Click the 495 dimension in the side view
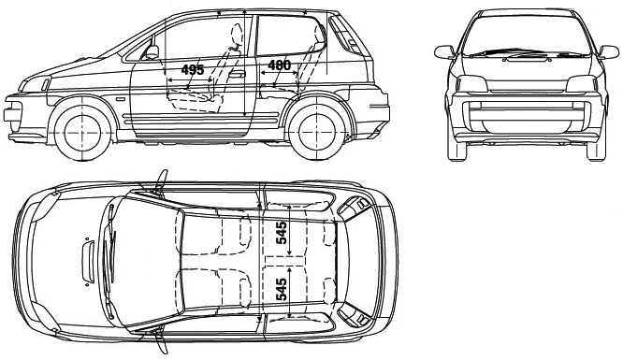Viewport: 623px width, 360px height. [193, 70]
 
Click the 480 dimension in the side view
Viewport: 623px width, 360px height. [280, 65]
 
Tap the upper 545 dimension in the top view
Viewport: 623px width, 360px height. [282, 233]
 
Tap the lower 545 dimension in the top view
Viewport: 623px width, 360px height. [282, 289]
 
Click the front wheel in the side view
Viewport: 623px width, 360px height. [82, 132]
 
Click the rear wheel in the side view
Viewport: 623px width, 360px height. [317, 132]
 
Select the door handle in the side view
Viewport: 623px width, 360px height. [237, 74]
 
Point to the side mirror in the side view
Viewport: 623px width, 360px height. [152, 52]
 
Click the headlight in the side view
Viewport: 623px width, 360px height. [46, 85]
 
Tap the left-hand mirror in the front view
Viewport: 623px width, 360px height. [444, 52]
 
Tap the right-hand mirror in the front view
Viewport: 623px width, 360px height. [609, 52]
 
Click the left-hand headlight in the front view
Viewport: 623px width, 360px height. [471, 83]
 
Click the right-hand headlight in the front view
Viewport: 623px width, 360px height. [581, 83]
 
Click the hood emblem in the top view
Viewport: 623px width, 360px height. [88, 262]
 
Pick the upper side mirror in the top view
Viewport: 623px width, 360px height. [161, 182]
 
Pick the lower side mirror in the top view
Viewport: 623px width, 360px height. [161, 340]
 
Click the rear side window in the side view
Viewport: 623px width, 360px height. [290, 35]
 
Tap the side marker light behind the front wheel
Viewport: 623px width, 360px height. [120, 98]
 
